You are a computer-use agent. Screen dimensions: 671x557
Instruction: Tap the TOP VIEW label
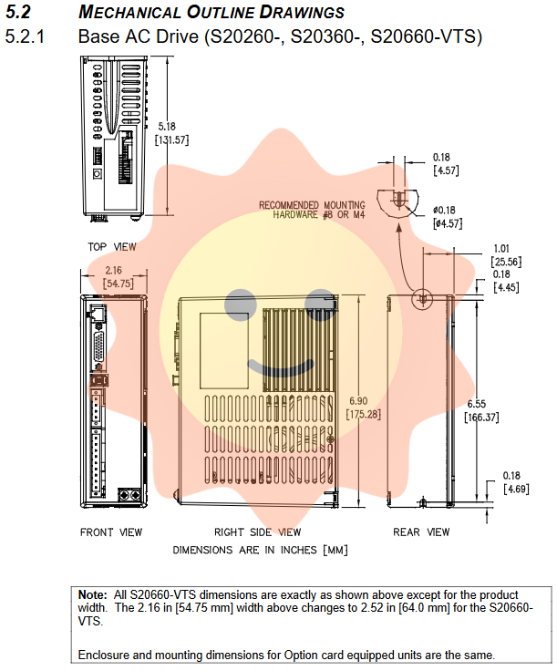112,247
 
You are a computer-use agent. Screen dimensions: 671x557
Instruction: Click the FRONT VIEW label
111,532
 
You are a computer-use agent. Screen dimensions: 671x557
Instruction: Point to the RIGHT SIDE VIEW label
257,532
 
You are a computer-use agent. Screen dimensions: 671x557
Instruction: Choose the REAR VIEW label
421,532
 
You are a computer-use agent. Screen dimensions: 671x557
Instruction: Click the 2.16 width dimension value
114,271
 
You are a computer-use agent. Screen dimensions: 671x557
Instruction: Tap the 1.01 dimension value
500,248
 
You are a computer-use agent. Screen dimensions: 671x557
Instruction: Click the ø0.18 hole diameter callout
445,210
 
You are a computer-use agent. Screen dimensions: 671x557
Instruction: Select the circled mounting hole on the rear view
423,298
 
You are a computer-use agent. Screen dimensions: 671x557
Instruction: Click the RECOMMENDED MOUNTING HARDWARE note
312,210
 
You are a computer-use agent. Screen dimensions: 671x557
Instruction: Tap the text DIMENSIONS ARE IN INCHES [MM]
260,550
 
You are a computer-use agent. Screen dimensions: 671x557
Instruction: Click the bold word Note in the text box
92,594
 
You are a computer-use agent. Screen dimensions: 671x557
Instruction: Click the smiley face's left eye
240,302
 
